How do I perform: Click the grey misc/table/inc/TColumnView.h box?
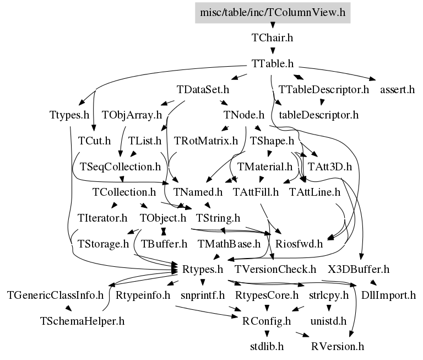pyautogui.click(x=273, y=13)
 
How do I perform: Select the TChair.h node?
pyautogui.click(x=272, y=38)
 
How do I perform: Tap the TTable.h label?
pyautogui.click(x=273, y=64)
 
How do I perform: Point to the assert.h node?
pyautogui.click(x=397, y=89)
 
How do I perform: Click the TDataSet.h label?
pyautogui.click(x=203, y=89)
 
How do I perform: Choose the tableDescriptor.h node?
pyautogui.click(x=319, y=115)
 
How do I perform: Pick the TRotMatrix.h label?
pyautogui.click(x=206, y=141)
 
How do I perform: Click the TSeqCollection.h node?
pyautogui.click(x=120, y=167)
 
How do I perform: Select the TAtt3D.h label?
pyautogui.click(x=330, y=167)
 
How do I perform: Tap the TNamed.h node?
pyautogui.click(x=198, y=192)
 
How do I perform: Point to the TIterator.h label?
pyautogui.click(x=102, y=218)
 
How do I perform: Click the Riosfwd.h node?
pyautogui.click(x=299, y=244)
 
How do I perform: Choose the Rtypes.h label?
pyautogui.click(x=203, y=270)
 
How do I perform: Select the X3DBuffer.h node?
pyautogui.click(x=359, y=270)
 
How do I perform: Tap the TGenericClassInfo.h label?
pyautogui.click(x=55, y=295)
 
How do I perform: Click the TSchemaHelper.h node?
pyautogui.click(x=82, y=321)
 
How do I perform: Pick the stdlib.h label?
pyautogui.click(x=267, y=347)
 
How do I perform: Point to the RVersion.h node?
pyautogui.click(x=338, y=347)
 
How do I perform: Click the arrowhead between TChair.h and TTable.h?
pyautogui.click(x=273, y=51)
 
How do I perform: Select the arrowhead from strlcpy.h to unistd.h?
pyautogui.click(x=329, y=308)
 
